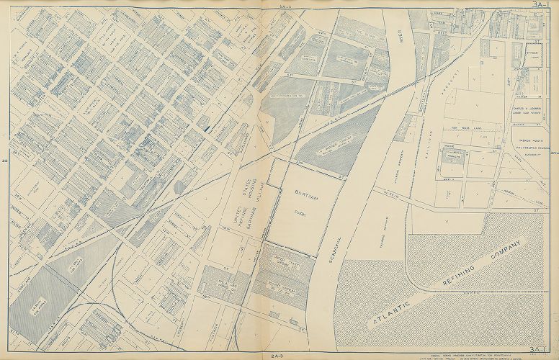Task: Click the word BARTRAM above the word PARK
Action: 303,194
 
